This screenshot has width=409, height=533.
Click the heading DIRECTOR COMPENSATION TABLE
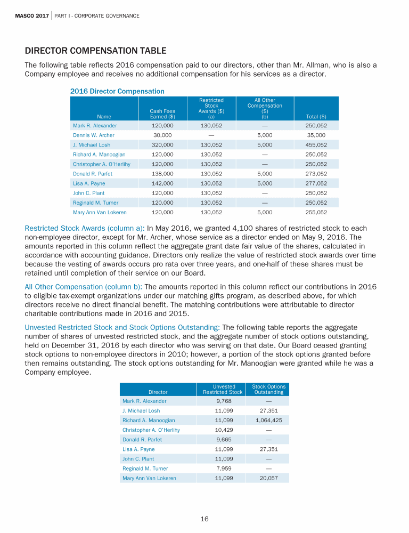(96, 51)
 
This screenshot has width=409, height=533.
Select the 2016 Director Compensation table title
(117, 92)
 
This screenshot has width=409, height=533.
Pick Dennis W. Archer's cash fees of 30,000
(162, 135)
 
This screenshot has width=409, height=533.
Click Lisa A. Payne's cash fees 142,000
(162, 183)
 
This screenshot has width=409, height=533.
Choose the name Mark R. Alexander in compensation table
(95, 126)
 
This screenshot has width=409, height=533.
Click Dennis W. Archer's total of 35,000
(317, 135)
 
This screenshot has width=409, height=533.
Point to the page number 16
(204, 519)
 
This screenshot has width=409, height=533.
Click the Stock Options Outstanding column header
(268, 390)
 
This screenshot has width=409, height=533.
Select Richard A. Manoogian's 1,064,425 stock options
(268, 420)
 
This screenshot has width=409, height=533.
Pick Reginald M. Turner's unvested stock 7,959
(223, 469)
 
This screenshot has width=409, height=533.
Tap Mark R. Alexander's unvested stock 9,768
(223, 401)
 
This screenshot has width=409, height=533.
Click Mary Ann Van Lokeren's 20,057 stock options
(268, 478)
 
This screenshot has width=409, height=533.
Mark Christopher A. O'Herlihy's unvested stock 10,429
(223, 430)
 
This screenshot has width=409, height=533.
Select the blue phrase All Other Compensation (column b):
(83, 287)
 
